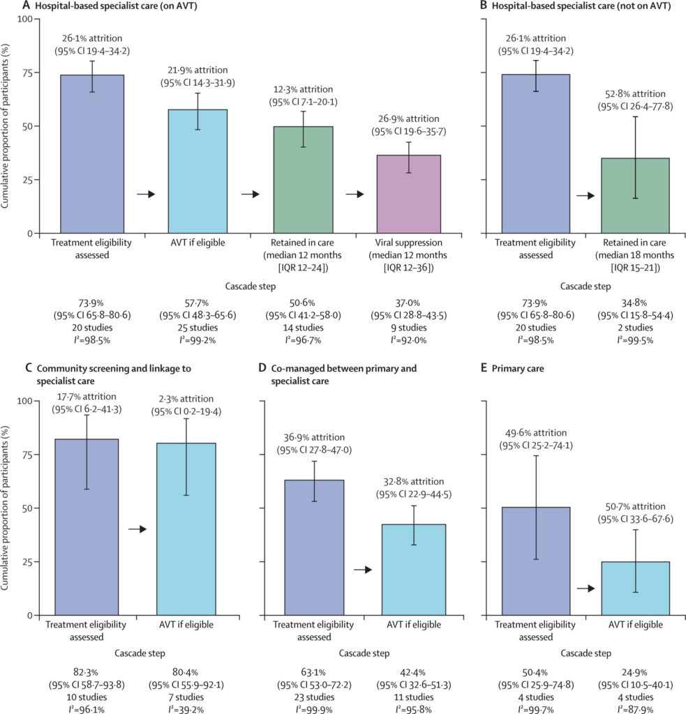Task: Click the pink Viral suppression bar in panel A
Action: point(408,195)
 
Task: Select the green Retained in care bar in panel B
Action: point(635,196)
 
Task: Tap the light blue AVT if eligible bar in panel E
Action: point(635,588)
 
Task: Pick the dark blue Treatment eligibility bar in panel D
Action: point(314,548)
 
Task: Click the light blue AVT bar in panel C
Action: point(186,529)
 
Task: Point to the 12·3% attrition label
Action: point(303,89)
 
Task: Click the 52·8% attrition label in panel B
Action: point(635,94)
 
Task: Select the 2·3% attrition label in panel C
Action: point(186,399)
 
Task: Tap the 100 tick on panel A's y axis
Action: point(25,19)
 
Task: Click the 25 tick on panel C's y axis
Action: point(28,562)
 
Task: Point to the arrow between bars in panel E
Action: point(586,588)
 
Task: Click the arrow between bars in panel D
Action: point(363,570)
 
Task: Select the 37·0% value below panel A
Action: point(408,303)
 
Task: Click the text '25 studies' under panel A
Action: point(197,328)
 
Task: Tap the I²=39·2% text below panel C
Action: point(186,709)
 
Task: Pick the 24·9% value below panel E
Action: point(634,673)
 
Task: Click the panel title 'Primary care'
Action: point(517,368)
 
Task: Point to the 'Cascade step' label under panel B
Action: point(586,287)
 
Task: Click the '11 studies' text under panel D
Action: point(413,697)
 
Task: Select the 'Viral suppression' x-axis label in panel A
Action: point(408,243)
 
